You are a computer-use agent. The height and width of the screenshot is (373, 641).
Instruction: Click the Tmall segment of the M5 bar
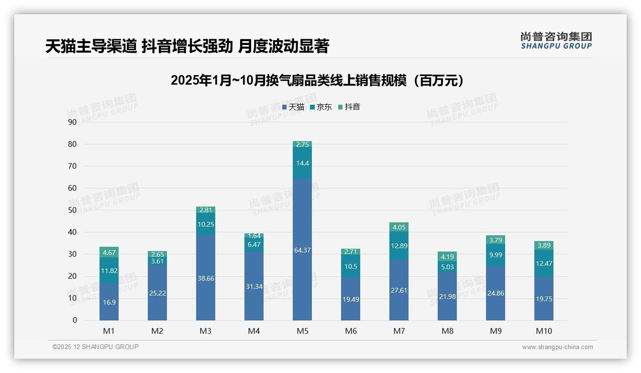coord(302,250)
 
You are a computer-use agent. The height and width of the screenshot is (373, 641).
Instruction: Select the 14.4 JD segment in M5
coord(302,163)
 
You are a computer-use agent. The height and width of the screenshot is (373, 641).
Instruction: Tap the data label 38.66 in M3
coord(206,278)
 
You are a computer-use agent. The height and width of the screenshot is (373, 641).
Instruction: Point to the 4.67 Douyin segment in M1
coord(109,252)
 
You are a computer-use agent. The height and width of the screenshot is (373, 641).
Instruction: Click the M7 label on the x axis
coord(398,331)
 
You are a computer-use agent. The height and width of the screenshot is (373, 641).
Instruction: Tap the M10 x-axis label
coord(543,331)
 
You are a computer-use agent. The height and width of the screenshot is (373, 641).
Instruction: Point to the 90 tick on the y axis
coord(72,122)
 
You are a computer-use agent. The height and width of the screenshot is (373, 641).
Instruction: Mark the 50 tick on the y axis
coord(72,210)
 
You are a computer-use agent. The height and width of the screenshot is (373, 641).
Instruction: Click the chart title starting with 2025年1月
coord(317,80)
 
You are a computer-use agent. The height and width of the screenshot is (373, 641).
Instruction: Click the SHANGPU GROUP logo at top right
coord(556,41)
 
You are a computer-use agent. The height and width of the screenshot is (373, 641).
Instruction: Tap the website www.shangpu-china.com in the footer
coord(557,347)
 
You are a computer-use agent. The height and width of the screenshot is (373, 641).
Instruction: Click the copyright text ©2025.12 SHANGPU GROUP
coord(96,347)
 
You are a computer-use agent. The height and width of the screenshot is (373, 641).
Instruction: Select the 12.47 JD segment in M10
coord(543,263)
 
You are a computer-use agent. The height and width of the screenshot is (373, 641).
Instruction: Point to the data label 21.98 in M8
coord(447,296)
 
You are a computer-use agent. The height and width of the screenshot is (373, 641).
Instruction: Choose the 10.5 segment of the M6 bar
coord(350,266)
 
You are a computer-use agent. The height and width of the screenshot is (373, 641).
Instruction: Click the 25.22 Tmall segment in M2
coord(157,293)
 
